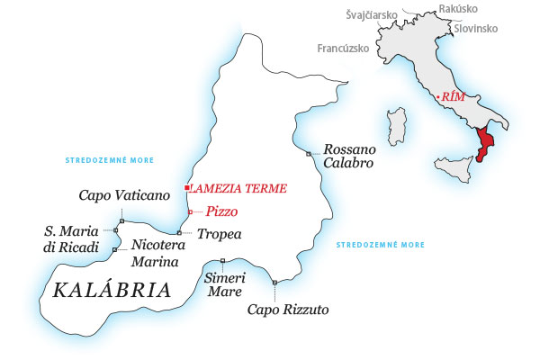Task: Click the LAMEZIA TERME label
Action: point(238,189)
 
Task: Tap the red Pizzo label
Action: point(220,211)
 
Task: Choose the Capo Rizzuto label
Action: point(289,310)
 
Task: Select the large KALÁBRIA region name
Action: point(112,290)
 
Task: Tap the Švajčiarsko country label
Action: point(372,15)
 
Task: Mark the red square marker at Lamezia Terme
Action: point(185,188)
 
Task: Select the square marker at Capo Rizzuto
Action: point(274,283)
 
